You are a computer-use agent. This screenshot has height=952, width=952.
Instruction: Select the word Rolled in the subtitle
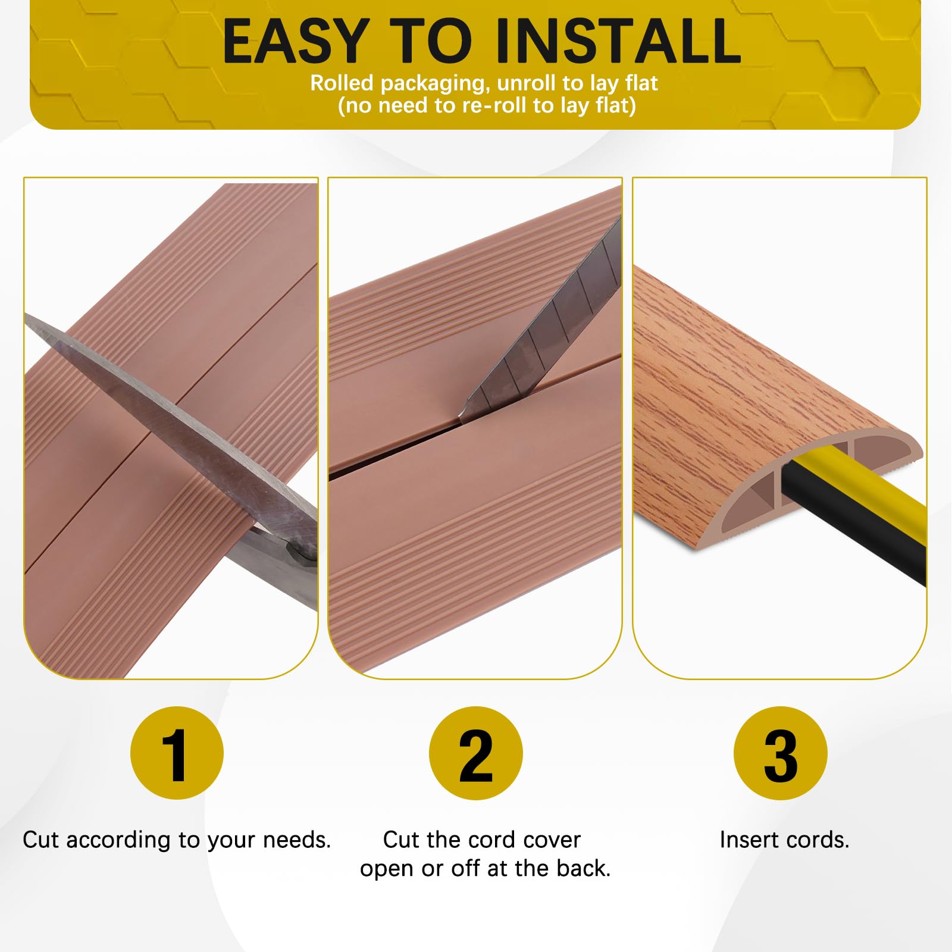pos(342,83)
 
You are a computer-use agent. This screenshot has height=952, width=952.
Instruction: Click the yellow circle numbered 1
pos(177,753)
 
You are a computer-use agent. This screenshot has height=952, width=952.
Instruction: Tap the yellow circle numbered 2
pos(476,753)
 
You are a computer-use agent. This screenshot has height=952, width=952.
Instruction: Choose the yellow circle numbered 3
pos(781,753)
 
